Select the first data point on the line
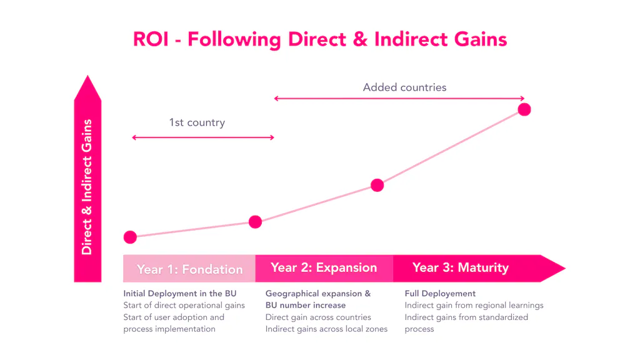click(130, 237)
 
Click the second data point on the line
click(255, 221)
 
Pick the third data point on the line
click(377, 185)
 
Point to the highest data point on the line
click(524, 109)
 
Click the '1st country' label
click(197, 122)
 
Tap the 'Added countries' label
click(404, 87)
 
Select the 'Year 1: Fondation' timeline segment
click(189, 269)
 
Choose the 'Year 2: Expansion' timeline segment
click(324, 268)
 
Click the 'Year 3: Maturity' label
click(461, 268)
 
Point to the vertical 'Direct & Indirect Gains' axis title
click(87, 187)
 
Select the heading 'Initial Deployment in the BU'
click(180, 293)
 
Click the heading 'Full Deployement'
click(440, 293)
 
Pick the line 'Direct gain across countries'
click(318, 317)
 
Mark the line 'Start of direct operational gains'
click(184, 305)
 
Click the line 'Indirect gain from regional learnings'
click(474, 305)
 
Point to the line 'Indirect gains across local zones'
click(326, 329)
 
